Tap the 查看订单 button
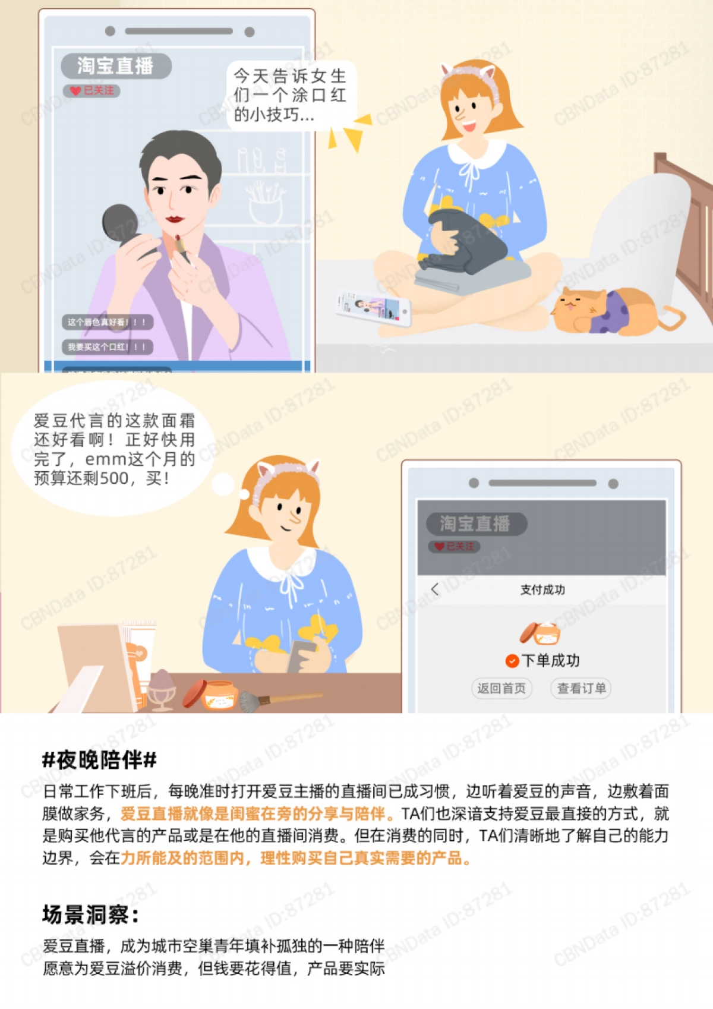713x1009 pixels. point(581,688)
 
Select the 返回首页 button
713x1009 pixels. point(501,688)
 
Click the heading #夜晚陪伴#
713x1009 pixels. point(99,759)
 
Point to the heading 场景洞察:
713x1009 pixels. point(90,915)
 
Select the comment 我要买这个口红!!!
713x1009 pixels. point(107,347)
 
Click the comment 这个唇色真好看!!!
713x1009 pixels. point(107,322)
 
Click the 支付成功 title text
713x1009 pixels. point(542,589)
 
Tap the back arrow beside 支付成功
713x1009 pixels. point(435,589)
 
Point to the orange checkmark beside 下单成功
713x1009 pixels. point(512,661)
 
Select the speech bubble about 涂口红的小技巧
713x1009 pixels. point(290,95)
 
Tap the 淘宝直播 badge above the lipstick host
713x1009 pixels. point(116,65)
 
